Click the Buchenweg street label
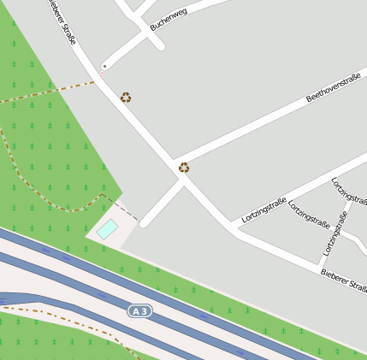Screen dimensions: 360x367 coord(168,20)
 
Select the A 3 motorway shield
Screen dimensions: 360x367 coord(139,311)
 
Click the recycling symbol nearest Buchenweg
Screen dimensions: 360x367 coord(126,97)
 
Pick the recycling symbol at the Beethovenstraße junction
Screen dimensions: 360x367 coord(184,168)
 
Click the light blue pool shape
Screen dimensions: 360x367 coord(107,228)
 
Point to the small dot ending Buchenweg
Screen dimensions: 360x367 coord(104,66)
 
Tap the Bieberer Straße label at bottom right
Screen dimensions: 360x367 coord(344,280)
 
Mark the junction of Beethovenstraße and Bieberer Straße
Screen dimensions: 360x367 coord(177,162)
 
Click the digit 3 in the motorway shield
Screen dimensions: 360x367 coord(145,311)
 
